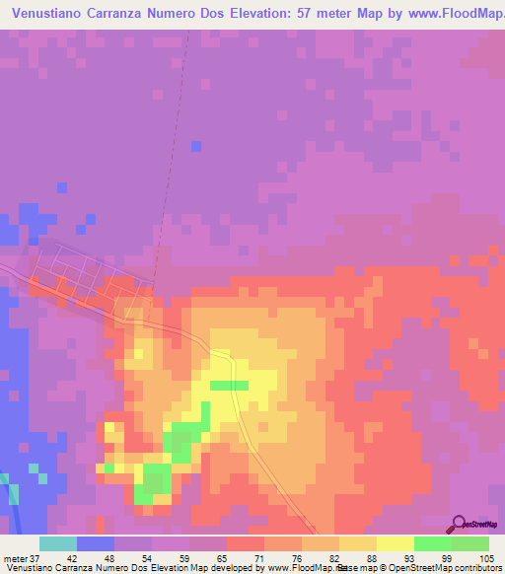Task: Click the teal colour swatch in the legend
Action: pos(57,543)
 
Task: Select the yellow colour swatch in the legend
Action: pos(395,543)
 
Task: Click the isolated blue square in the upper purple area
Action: pos(195,146)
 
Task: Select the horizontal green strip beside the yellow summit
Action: pos(229,385)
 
